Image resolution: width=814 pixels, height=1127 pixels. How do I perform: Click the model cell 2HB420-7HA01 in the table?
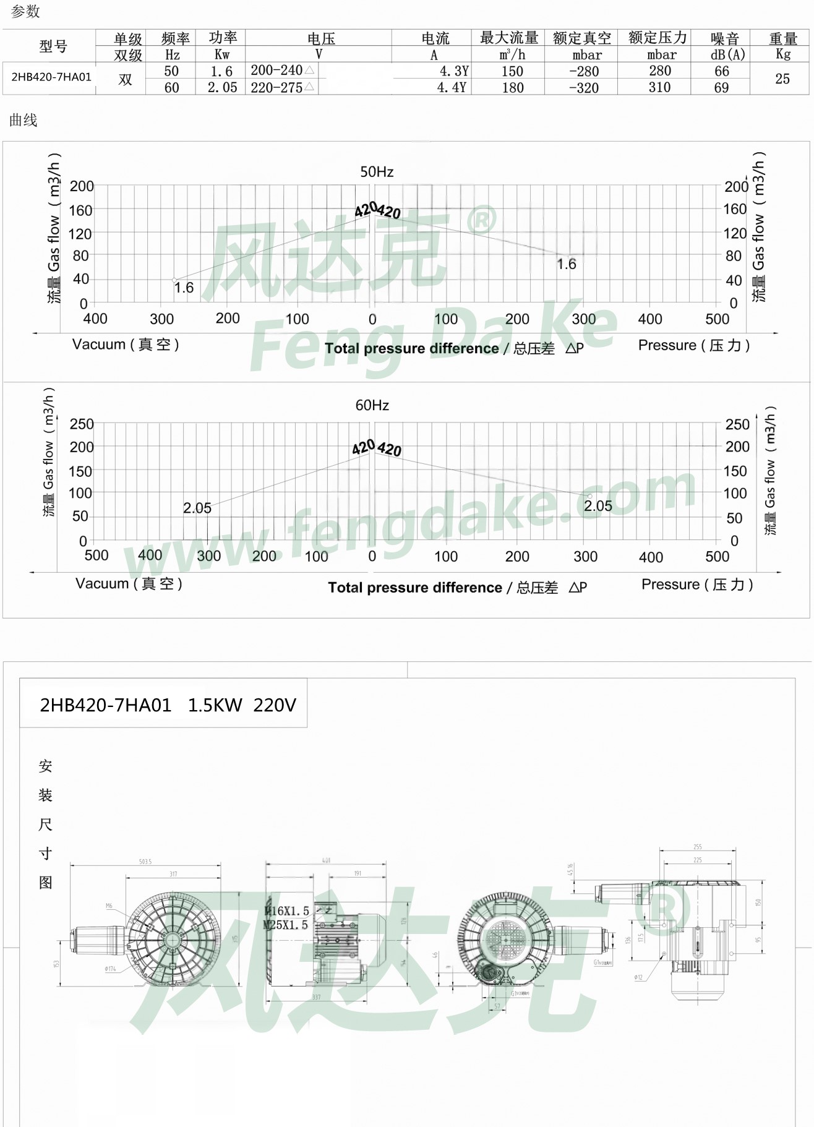click(51, 77)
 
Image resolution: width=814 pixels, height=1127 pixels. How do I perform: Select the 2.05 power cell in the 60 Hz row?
click(222, 88)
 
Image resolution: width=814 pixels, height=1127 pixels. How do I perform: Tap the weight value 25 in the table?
click(782, 79)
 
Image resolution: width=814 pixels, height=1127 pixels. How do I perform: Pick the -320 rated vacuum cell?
click(583, 88)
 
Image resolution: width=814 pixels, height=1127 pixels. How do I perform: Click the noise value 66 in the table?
click(721, 71)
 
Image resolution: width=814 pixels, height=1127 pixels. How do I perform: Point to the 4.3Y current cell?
click(453, 71)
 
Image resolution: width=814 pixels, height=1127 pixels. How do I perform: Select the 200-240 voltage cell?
click(276, 71)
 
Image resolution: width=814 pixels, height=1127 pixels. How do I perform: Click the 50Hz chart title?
click(377, 172)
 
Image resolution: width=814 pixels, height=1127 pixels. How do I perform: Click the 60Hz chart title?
click(372, 405)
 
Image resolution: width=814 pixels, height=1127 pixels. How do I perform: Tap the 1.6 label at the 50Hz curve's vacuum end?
click(183, 288)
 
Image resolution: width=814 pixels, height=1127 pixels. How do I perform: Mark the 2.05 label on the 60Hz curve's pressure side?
click(598, 506)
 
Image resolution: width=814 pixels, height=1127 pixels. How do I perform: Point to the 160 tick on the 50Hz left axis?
click(80, 210)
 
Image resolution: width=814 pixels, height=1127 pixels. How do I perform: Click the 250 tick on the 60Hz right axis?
click(737, 424)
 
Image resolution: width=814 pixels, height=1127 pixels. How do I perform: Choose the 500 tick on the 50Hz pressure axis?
click(717, 319)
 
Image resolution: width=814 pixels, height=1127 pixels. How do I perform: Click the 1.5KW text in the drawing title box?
click(215, 705)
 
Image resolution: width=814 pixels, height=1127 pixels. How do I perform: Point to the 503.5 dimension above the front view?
click(145, 862)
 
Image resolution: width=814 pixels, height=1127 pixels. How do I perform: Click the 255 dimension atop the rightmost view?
click(697, 847)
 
